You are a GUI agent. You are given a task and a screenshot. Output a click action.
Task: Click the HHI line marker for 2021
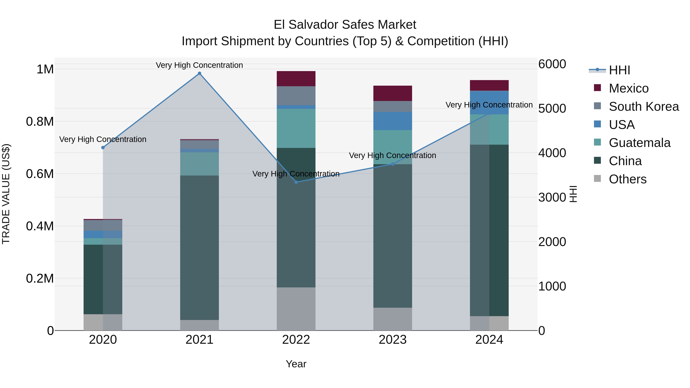(199, 73)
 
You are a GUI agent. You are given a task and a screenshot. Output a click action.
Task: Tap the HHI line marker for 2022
(296, 182)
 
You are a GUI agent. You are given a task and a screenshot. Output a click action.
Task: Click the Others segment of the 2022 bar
(296, 309)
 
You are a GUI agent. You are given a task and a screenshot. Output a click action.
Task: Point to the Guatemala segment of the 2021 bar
(199, 164)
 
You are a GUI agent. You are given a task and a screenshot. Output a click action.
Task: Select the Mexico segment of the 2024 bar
(489, 85)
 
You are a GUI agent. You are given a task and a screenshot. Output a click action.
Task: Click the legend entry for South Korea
(644, 107)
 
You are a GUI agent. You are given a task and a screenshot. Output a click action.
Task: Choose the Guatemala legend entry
(639, 143)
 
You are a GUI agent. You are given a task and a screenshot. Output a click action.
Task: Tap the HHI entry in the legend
(619, 70)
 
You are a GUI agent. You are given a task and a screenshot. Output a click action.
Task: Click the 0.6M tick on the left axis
(40, 174)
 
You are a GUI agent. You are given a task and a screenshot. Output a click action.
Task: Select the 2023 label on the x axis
(393, 340)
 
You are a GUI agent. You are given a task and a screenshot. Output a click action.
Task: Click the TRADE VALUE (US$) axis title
(6, 194)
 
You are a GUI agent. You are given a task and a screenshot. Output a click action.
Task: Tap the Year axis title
(296, 364)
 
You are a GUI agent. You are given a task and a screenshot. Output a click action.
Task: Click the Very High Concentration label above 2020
(103, 139)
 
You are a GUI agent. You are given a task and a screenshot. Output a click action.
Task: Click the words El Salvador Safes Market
(345, 25)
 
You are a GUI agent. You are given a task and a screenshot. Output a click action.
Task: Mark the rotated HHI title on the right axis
(573, 194)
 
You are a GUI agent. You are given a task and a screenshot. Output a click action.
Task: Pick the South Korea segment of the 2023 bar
(393, 106)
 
